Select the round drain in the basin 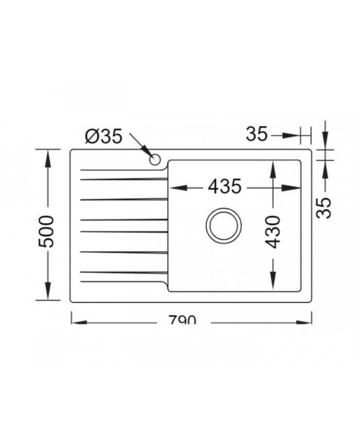click(223, 225)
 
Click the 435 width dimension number click(224, 187)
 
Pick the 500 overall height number click(47, 231)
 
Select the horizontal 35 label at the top click(257, 135)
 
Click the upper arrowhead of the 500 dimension click(48, 157)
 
